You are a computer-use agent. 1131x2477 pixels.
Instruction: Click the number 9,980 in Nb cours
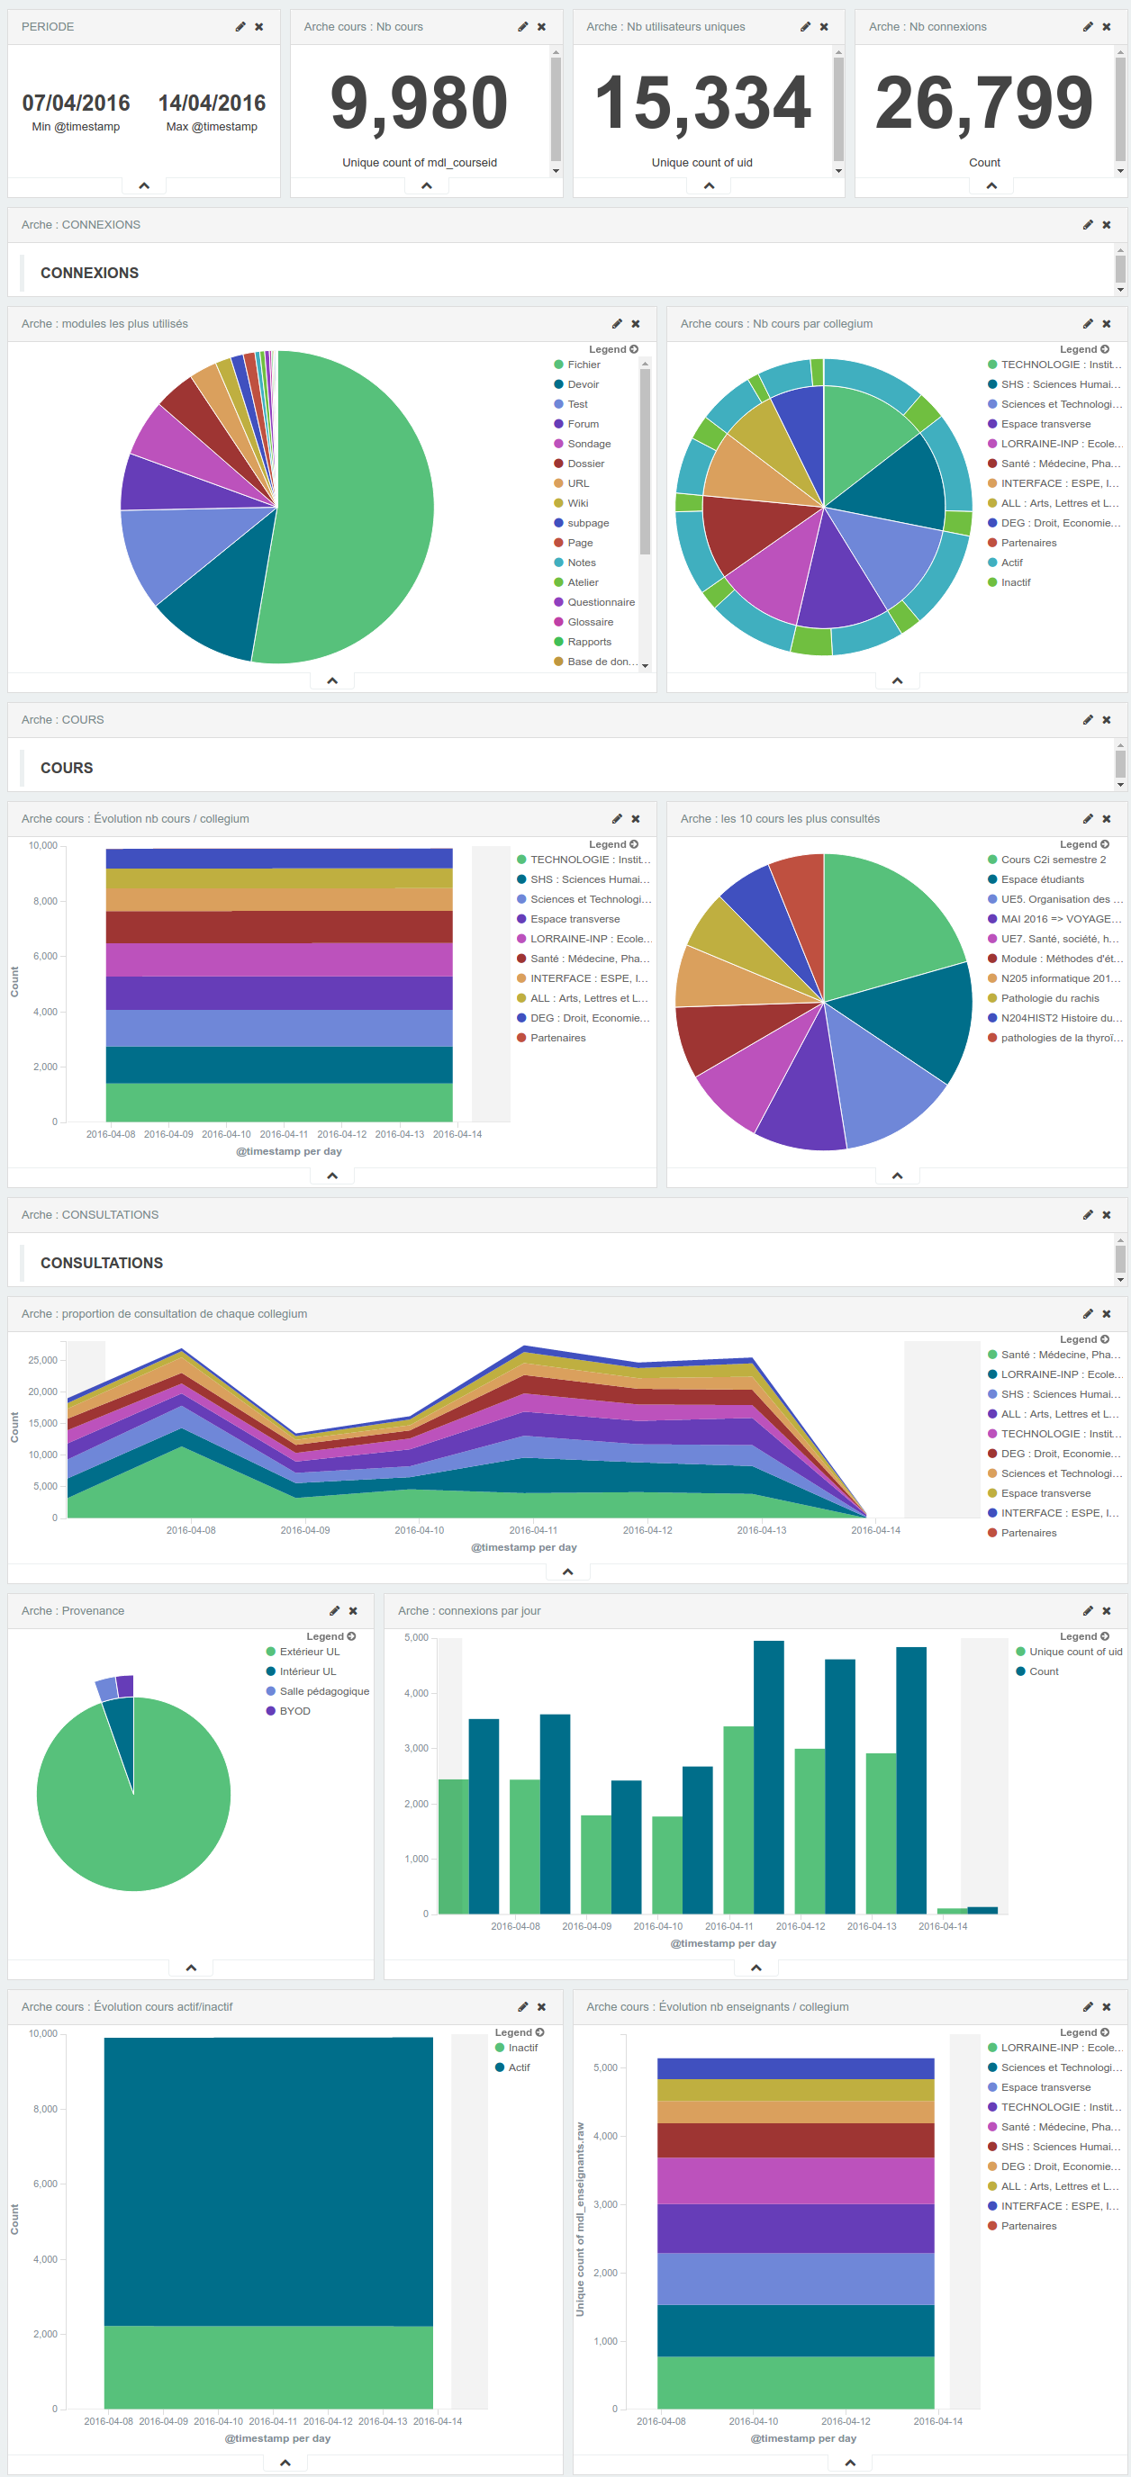point(419,103)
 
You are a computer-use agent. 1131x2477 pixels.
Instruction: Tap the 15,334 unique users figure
point(702,103)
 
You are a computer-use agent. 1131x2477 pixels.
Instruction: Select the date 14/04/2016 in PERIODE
point(212,103)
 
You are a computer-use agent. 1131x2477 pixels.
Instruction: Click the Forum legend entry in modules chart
point(583,424)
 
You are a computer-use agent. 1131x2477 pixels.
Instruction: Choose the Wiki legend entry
point(577,503)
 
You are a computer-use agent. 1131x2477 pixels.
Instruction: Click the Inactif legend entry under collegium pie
point(1015,582)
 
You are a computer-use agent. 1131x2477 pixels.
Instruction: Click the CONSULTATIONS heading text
point(101,1263)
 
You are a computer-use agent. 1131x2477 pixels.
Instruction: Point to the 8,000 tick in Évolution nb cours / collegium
point(44,901)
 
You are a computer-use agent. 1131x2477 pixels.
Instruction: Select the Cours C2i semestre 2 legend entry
point(1052,860)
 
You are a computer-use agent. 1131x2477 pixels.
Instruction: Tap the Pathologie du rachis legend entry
point(1049,998)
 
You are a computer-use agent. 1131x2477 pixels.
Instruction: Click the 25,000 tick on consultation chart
point(42,1360)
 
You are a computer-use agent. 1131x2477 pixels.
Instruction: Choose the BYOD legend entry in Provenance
point(294,1711)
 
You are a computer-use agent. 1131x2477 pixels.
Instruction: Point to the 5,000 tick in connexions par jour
point(415,1637)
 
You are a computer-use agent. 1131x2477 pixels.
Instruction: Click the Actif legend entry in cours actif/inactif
point(519,2067)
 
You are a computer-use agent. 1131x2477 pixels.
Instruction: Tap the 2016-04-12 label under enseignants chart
point(846,2421)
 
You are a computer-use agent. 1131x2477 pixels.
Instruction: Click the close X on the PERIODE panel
point(258,27)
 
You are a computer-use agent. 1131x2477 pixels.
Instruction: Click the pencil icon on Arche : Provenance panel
point(334,1610)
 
